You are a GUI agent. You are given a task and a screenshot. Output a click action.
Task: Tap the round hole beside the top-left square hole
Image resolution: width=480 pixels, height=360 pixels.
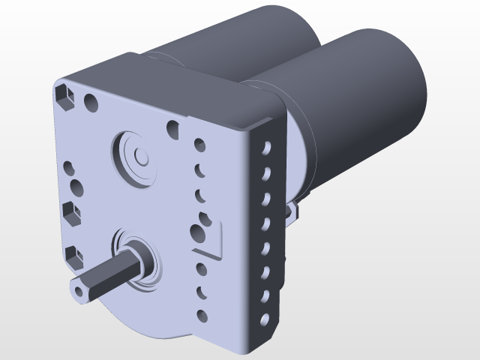coord(91,100)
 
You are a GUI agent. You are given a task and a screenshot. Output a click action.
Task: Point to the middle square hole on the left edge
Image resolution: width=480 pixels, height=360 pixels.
coord(73,212)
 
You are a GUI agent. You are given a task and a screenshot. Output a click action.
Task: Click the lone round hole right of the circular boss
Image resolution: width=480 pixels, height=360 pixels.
coord(173,128)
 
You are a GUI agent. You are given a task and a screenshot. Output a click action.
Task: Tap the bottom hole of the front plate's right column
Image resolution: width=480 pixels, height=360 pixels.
coord(201,314)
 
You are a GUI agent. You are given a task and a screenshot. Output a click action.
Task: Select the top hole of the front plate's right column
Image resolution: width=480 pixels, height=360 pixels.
coord(199,143)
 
